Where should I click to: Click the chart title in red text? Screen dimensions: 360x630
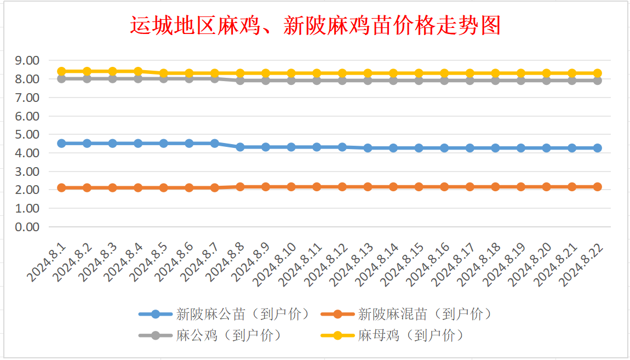pyautogui.click(x=315, y=26)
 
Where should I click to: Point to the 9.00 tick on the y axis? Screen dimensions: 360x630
pyautogui.click(x=27, y=60)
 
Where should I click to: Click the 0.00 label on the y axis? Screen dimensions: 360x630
pyautogui.click(x=27, y=227)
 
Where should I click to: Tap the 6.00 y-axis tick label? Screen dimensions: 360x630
pyautogui.click(x=27, y=116)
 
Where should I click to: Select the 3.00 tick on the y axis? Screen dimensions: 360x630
pyautogui.click(x=27, y=172)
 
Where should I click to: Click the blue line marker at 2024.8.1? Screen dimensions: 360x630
pyautogui.click(x=62, y=143)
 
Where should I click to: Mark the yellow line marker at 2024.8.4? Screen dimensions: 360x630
pyautogui.click(x=138, y=71)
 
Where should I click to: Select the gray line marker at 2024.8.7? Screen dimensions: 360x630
pyautogui.click(x=215, y=78)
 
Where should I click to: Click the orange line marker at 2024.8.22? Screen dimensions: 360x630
pyautogui.click(x=597, y=187)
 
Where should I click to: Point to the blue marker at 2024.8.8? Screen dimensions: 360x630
pyautogui.click(x=240, y=147)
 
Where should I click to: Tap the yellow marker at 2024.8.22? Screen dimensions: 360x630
pyautogui.click(x=597, y=73)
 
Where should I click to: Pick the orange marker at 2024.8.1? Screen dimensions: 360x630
pyautogui.click(x=62, y=187)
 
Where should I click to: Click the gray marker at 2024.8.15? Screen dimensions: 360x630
pyautogui.click(x=419, y=81)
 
